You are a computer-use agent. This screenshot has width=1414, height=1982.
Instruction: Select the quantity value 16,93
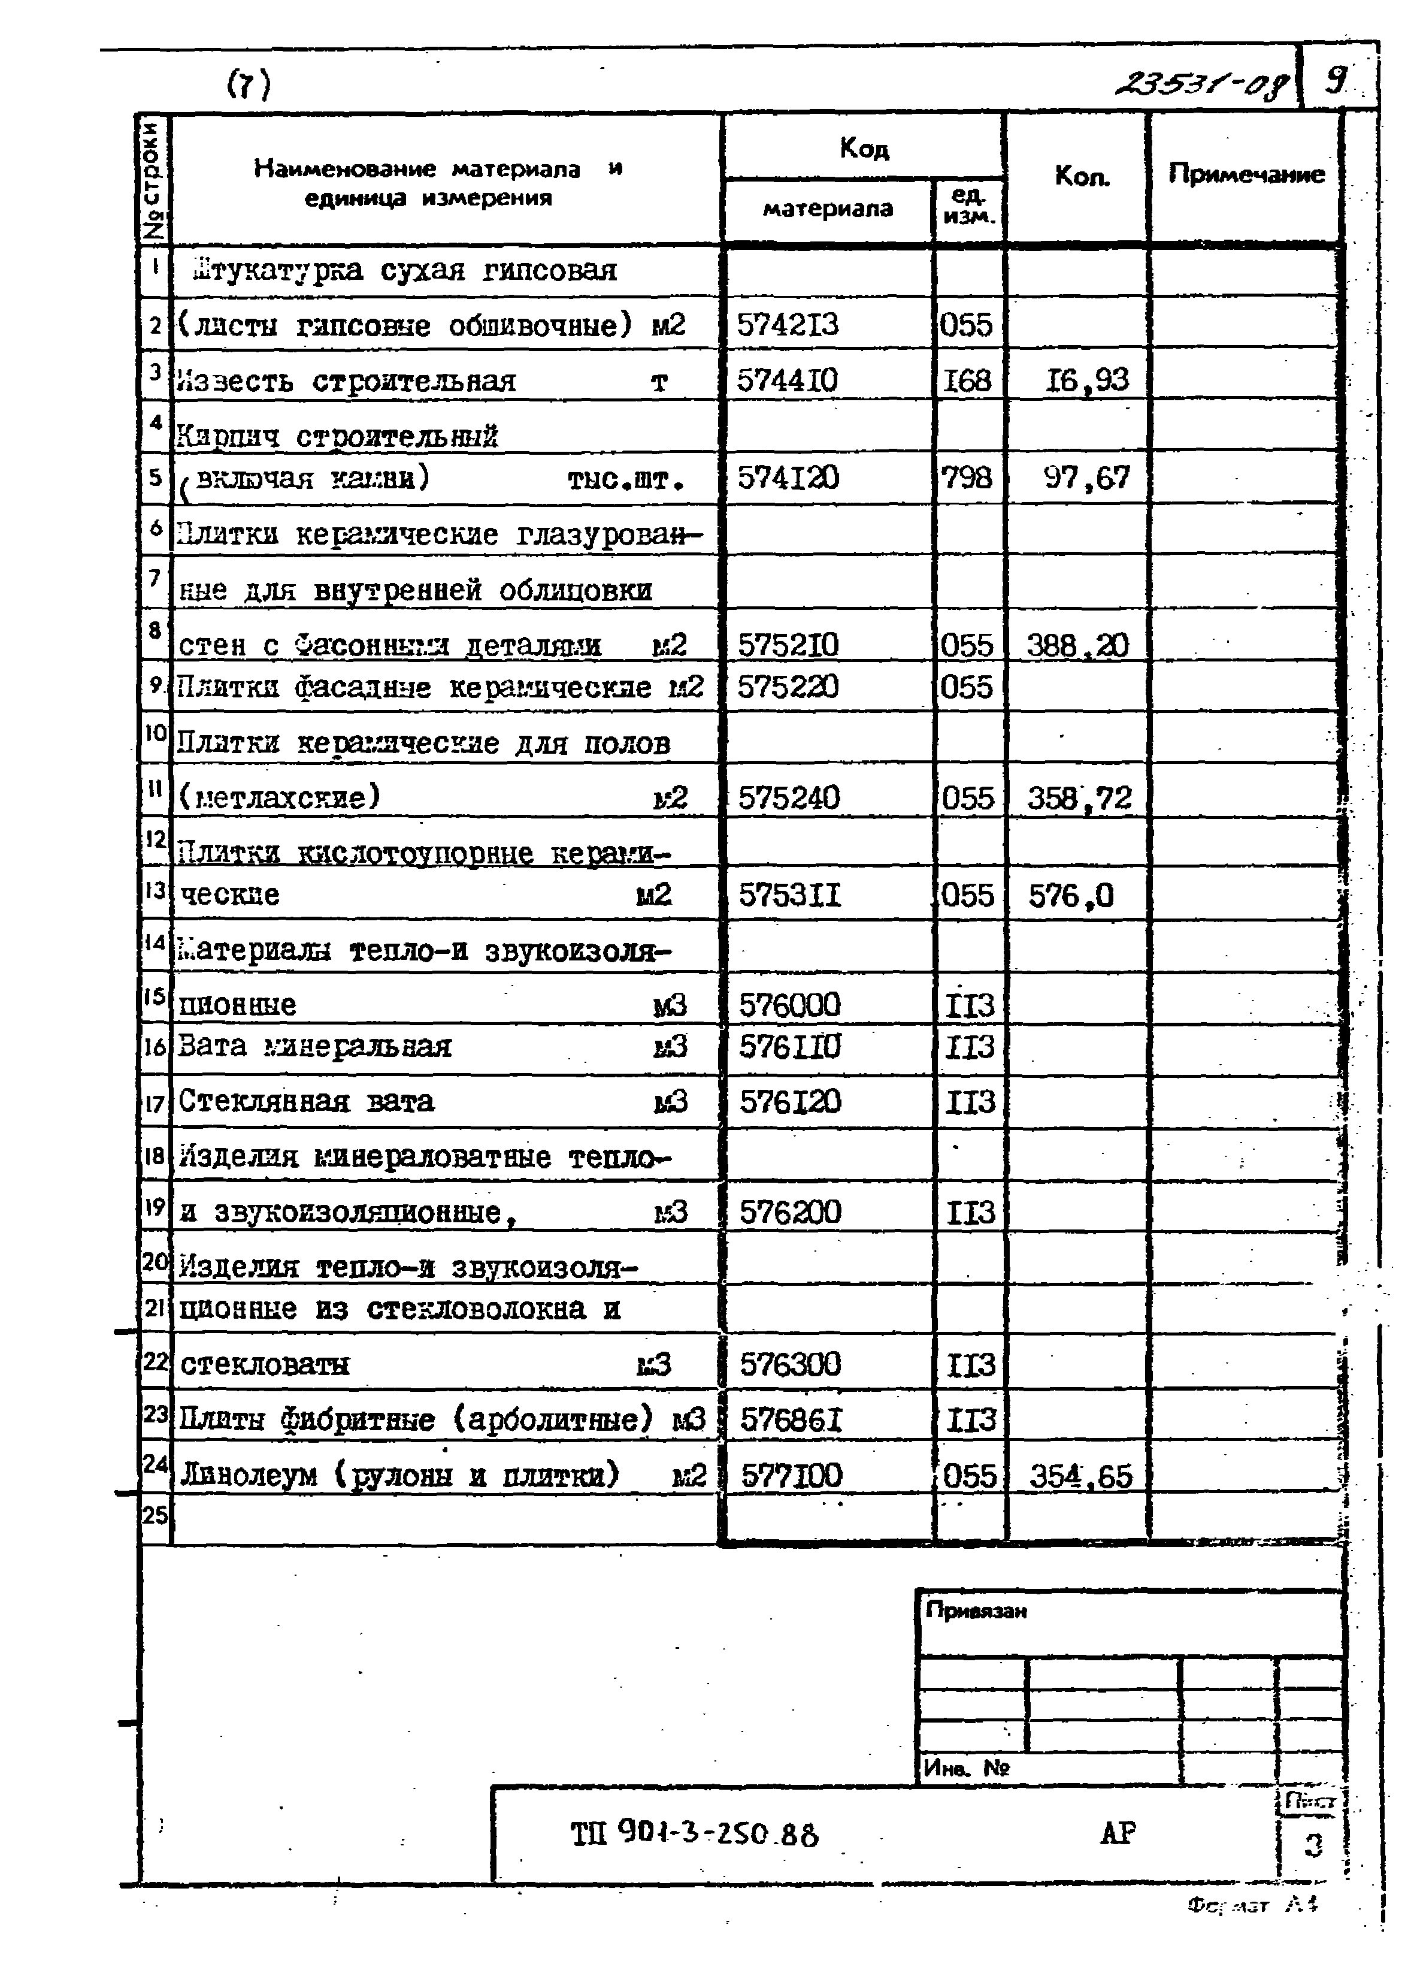tap(1086, 380)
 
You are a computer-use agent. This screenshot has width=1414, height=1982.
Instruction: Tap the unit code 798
tap(967, 477)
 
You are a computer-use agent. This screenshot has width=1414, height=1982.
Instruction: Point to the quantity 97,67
tap(1086, 477)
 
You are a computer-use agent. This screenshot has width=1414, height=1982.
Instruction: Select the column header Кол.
tap(1082, 177)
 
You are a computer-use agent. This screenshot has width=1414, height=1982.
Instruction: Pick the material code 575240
tap(789, 797)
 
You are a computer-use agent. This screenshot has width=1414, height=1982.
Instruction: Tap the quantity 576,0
tap(1071, 895)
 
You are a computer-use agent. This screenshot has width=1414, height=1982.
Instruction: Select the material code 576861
tap(791, 1421)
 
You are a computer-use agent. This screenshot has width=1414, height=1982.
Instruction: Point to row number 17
tap(154, 1103)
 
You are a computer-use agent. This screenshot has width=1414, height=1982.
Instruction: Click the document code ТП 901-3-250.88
tap(694, 1834)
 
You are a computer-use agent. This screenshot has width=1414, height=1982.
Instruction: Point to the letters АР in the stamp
tap(1118, 1833)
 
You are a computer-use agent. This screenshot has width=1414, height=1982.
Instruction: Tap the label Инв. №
tap(965, 1768)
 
